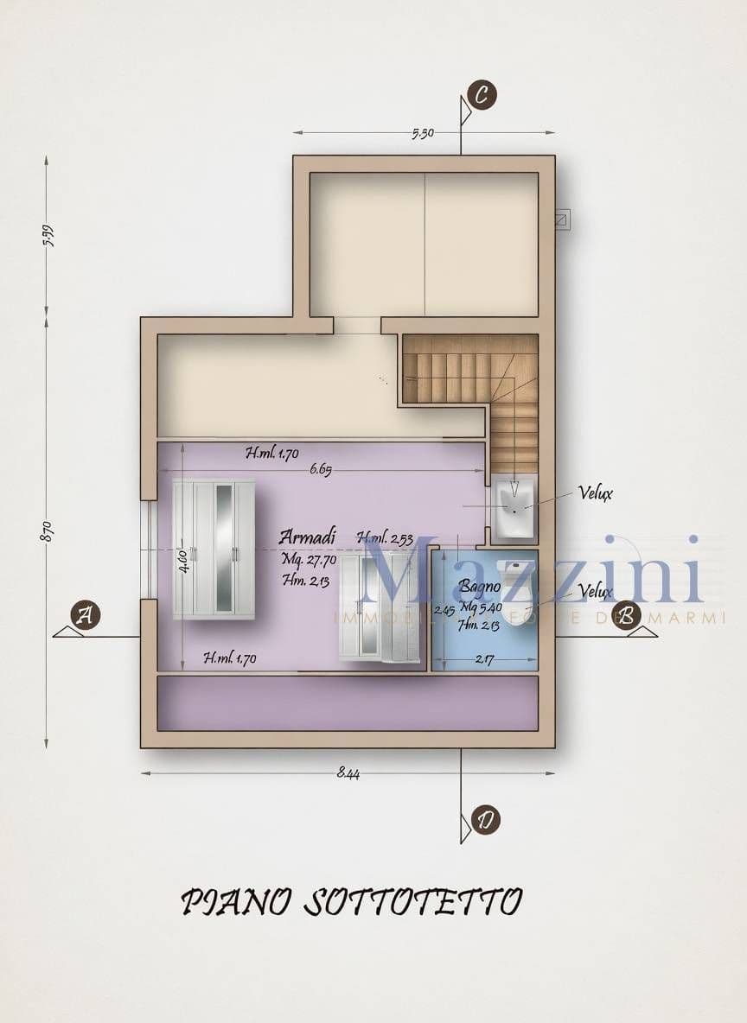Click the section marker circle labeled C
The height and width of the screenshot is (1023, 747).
point(482,96)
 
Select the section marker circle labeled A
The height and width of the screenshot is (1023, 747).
point(85,615)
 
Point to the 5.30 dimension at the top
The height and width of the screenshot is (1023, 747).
point(423,133)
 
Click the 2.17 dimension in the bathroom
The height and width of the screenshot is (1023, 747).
point(484,661)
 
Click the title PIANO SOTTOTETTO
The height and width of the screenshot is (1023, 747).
point(351,901)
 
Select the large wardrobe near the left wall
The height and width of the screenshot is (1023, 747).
point(214,550)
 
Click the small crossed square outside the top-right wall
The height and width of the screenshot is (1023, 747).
point(562,219)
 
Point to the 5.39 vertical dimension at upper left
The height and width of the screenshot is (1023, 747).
point(48,235)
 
